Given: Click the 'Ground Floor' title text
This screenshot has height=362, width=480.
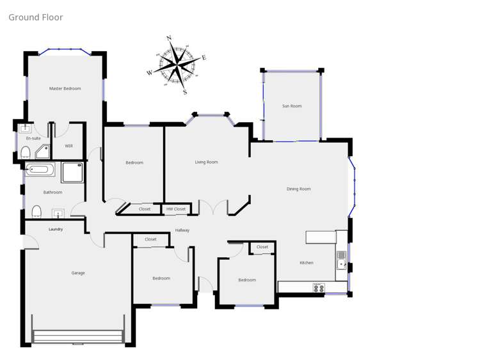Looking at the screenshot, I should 36,17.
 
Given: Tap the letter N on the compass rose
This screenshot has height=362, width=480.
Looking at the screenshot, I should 169,38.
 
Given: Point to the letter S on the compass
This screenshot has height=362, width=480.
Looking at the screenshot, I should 185,92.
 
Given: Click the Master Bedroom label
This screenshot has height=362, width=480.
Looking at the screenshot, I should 65,88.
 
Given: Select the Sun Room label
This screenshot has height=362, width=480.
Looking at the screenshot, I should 292,106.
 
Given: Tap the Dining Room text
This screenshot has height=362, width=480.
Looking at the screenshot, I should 299,189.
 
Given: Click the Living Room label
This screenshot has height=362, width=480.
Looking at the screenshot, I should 206,162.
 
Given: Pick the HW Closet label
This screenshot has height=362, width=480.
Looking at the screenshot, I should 176,209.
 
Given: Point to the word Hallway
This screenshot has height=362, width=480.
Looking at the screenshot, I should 182,230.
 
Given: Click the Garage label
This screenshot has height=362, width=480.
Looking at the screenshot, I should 78,273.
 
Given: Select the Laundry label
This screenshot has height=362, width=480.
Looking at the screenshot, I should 56,229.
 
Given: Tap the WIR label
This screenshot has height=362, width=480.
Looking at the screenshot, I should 68,146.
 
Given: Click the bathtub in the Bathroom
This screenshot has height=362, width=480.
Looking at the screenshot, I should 40,170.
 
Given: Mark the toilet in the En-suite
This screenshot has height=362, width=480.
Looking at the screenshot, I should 26,152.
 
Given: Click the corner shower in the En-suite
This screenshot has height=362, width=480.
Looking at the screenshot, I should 44,151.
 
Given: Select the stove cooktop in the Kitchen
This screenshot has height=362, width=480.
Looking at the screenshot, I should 318,288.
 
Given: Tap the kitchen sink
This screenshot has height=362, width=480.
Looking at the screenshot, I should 342,260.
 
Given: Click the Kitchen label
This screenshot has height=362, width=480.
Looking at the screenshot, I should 307,263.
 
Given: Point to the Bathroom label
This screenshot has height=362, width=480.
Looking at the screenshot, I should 52,193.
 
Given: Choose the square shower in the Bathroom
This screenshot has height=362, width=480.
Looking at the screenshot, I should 72,172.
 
